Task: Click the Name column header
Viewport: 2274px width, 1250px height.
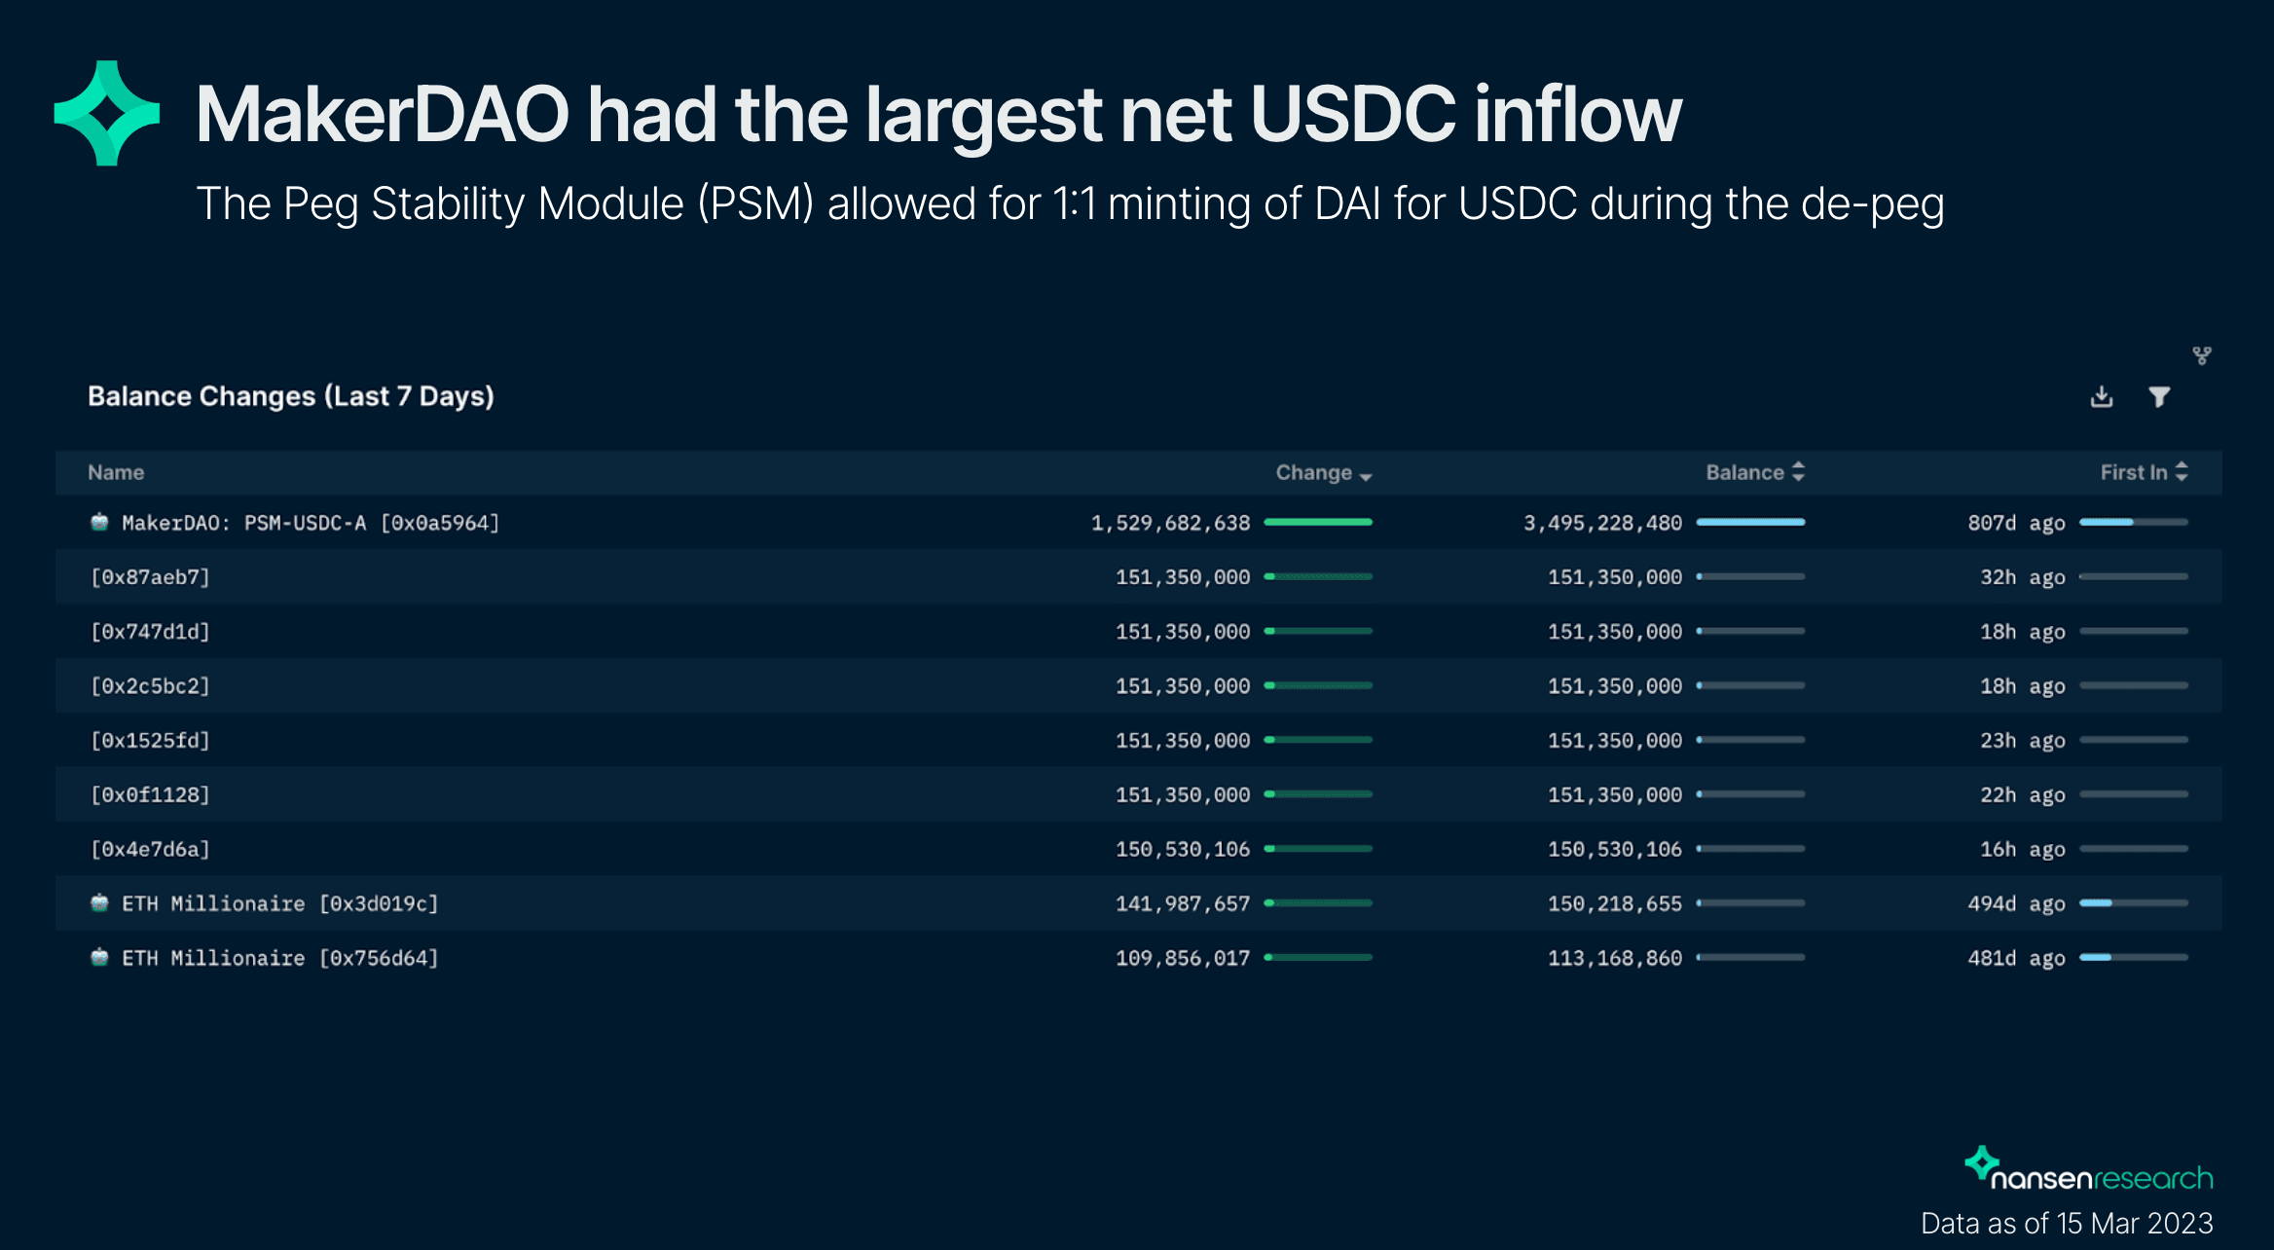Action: click(116, 473)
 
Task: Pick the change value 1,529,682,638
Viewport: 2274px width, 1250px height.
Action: click(1170, 524)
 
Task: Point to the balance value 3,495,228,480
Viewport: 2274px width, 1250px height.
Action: click(1602, 524)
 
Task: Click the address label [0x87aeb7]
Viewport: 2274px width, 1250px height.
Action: click(150, 577)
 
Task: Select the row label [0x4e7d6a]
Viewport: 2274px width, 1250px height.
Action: click(150, 850)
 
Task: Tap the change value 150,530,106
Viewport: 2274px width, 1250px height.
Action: click(1182, 850)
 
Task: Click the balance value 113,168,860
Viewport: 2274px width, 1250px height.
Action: click(1614, 959)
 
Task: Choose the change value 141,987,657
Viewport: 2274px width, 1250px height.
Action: click(1182, 904)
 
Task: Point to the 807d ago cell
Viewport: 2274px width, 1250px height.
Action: click(2016, 524)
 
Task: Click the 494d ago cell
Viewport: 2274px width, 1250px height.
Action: click(2016, 904)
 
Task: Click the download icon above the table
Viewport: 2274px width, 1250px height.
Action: click(2102, 397)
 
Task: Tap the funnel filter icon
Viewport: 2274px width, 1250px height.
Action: click(2159, 397)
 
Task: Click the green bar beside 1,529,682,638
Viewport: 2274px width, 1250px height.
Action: click(1318, 523)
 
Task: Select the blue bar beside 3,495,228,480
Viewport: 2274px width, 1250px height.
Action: click(1750, 523)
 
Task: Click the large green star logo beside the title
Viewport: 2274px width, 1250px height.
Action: click(106, 113)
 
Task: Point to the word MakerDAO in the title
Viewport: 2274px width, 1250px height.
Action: click(382, 115)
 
